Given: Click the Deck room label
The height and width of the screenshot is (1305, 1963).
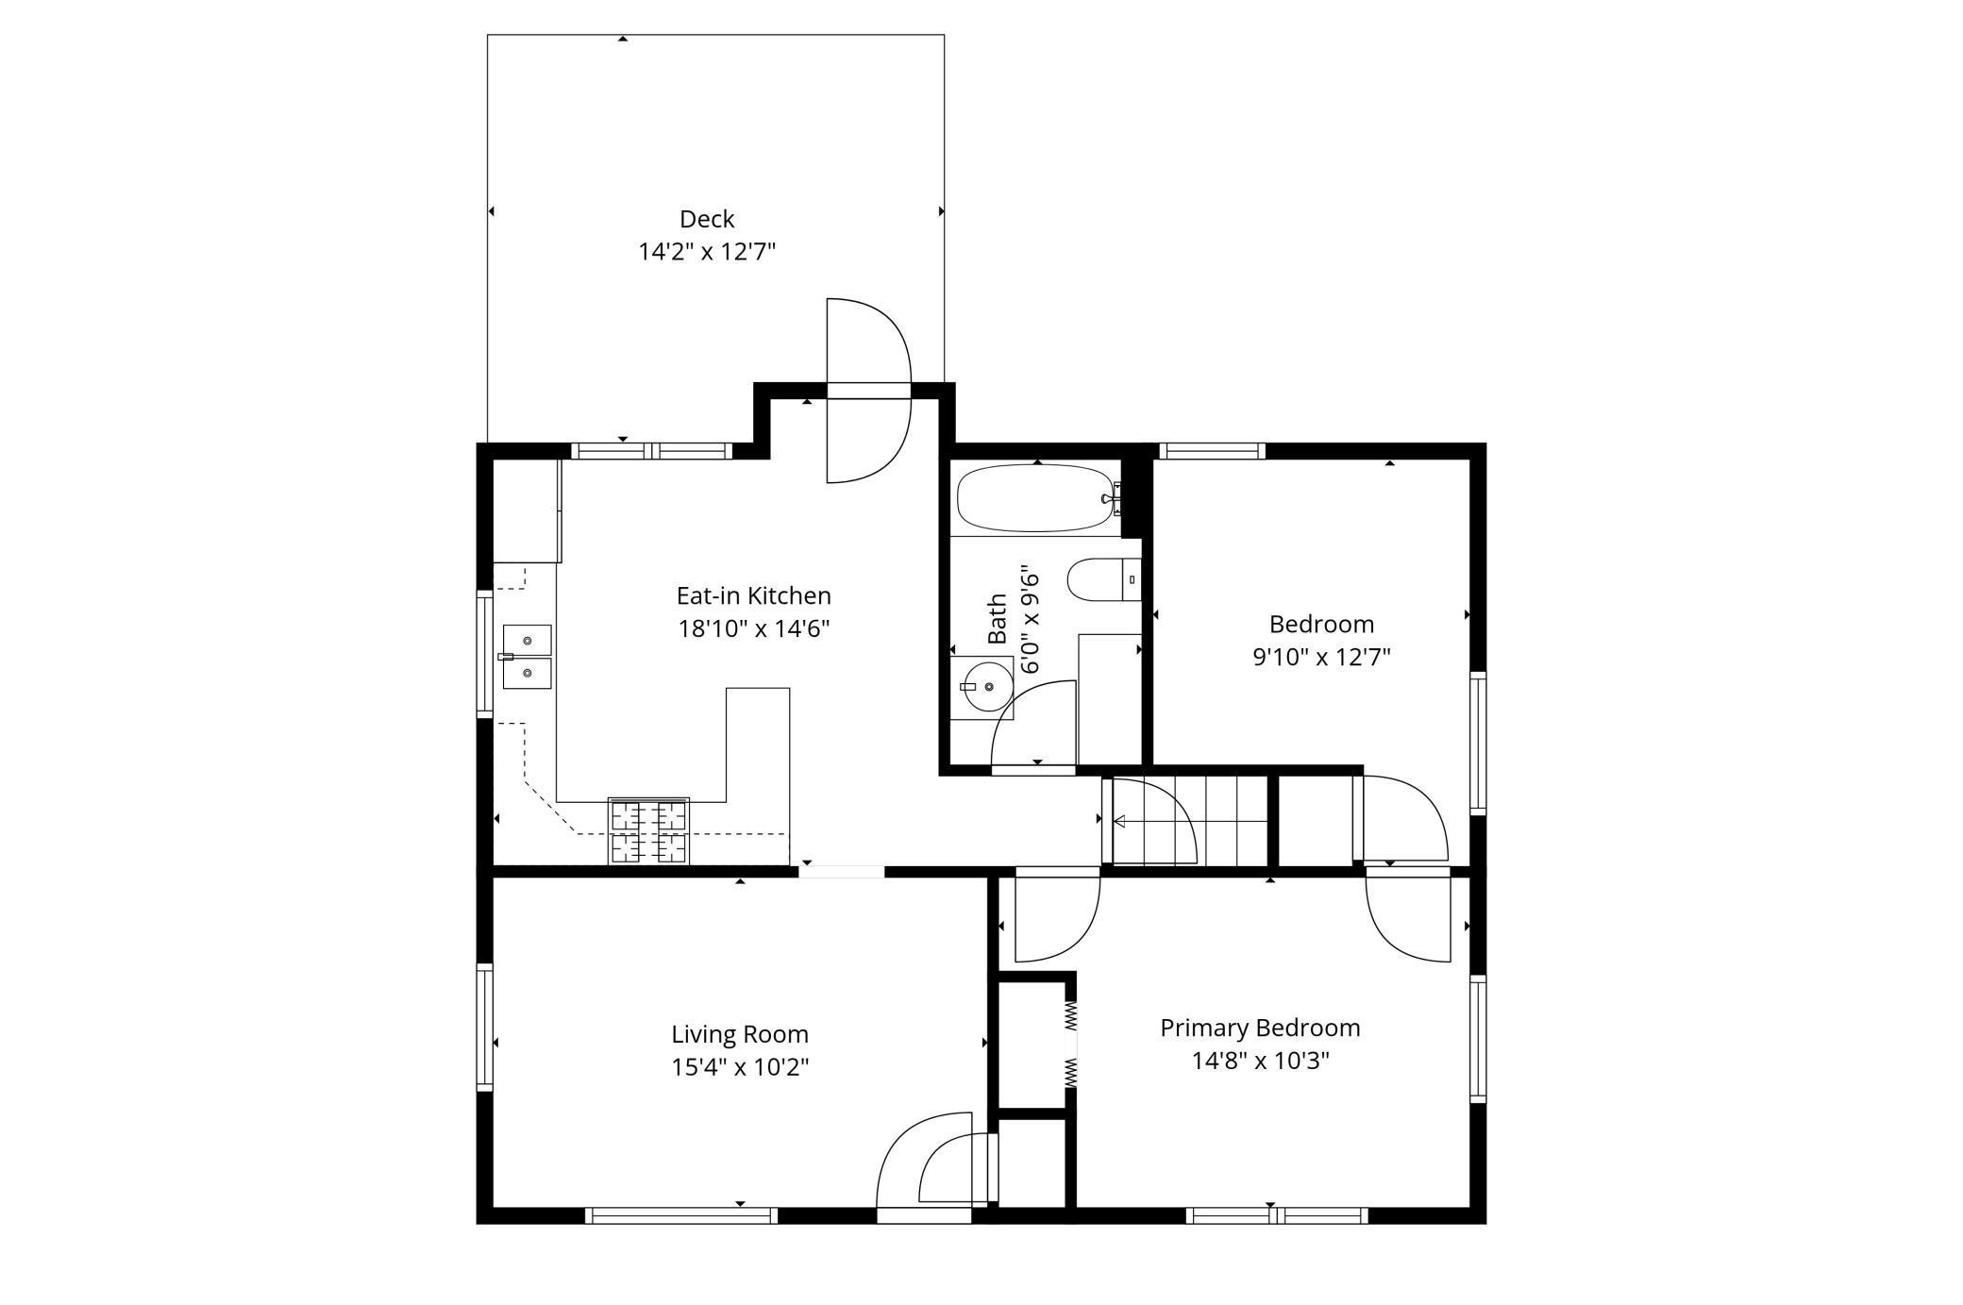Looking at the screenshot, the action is (707, 219).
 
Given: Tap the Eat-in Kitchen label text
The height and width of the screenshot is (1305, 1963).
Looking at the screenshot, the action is (753, 595).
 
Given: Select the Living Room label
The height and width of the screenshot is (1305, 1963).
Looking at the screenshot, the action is (740, 1034).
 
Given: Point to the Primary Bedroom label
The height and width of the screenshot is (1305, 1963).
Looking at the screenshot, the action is (1260, 1028).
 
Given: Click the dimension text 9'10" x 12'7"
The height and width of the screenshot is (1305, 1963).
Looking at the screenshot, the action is (1321, 657).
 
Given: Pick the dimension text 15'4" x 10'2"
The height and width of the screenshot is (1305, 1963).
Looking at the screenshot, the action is (740, 1067).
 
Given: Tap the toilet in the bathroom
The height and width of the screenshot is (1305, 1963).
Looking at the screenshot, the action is (1103, 579).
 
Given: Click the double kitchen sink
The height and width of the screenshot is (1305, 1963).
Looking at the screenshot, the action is (527, 657).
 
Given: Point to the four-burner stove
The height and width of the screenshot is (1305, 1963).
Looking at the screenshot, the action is (648, 831).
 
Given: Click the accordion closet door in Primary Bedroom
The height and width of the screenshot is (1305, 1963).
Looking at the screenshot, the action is (1071, 1044).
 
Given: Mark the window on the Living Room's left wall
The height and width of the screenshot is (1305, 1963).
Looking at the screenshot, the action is (485, 1027).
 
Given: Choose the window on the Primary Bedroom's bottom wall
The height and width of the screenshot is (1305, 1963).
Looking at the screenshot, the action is (1276, 1215).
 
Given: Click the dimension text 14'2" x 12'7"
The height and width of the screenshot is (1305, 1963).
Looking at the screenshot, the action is (707, 252).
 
